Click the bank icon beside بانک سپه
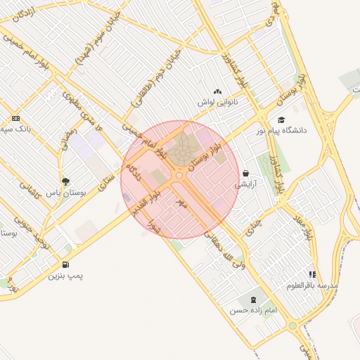pyautogui.click(x=15, y=118)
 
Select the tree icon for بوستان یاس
pyautogui.click(x=66, y=181)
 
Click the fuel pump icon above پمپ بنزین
pyautogui.click(x=65, y=265)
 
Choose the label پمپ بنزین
pyautogui.click(x=65, y=276)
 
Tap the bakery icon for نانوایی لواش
pyautogui.click(x=217, y=91)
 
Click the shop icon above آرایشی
pyautogui.click(x=245, y=173)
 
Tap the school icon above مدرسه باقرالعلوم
pyautogui.click(x=312, y=274)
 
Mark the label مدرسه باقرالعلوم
pyautogui.click(x=312, y=285)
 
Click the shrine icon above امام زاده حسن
pyautogui.click(x=253, y=300)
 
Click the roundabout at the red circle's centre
pyautogui.click(x=179, y=175)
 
